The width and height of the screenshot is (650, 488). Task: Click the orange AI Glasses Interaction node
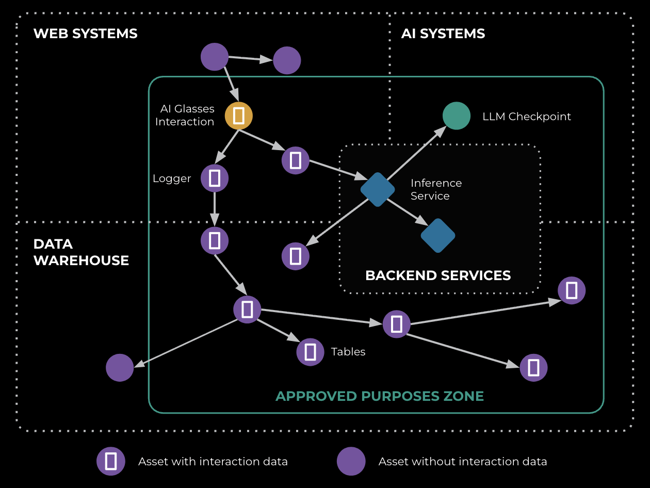(x=238, y=116)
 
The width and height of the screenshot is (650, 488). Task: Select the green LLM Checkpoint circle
(x=457, y=116)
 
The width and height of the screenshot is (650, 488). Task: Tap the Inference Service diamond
(x=378, y=189)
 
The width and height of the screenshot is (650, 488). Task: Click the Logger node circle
(x=214, y=178)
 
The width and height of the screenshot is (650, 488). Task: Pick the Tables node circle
(x=310, y=352)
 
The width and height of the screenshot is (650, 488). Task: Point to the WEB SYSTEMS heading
(x=85, y=34)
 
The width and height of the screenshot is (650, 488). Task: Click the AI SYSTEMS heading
(x=443, y=34)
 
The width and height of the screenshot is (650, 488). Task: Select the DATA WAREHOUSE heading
(x=81, y=252)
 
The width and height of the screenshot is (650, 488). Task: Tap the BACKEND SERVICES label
(x=437, y=275)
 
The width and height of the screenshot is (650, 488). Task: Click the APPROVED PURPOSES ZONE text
(x=379, y=396)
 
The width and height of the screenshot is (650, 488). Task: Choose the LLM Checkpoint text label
(x=526, y=117)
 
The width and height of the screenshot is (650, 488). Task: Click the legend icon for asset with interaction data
(x=110, y=461)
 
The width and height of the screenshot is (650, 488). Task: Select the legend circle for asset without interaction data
(x=351, y=461)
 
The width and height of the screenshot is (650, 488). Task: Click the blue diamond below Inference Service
(x=437, y=236)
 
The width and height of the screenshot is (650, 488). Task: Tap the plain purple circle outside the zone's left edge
(x=120, y=368)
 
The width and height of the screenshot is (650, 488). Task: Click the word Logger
(x=172, y=179)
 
